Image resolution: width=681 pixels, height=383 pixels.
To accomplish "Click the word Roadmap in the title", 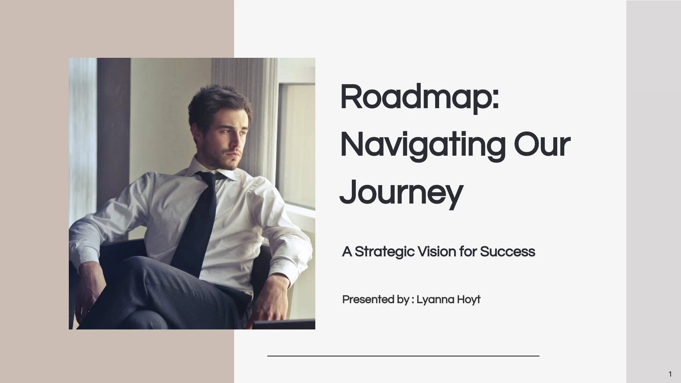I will [x=415, y=97].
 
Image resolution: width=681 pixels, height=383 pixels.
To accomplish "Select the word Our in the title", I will [x=542, y=145].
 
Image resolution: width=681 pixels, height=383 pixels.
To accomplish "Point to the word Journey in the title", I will [x=401, y=193].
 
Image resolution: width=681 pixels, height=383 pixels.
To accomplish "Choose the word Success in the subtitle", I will [x=507, y=252].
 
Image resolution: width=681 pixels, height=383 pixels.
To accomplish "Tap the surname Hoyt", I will [x=469, y=300].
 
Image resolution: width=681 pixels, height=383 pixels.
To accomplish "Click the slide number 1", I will [x=670, y=374].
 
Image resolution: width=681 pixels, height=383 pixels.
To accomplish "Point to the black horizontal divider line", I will [x=403, y=356].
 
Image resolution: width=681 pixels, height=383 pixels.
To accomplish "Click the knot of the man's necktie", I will [x=211, y=177].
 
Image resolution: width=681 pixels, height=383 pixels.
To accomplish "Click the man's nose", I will [x=242, y=142].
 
